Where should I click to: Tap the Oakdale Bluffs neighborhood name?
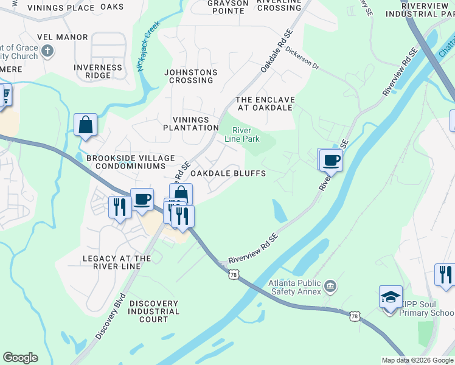(228, 173)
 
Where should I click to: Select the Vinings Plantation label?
(190, 123)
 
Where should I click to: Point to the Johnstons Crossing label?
(190, 76)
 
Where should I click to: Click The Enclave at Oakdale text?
(265, 103)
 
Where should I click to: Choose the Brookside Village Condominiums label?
(125, 162)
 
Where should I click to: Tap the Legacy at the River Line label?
(117, 263)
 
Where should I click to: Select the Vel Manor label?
(63, 37)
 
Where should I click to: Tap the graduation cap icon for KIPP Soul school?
(390, 296)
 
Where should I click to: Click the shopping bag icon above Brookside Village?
(86, 125)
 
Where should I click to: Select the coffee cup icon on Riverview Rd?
(331, 161)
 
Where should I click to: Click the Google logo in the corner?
(20, 358)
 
